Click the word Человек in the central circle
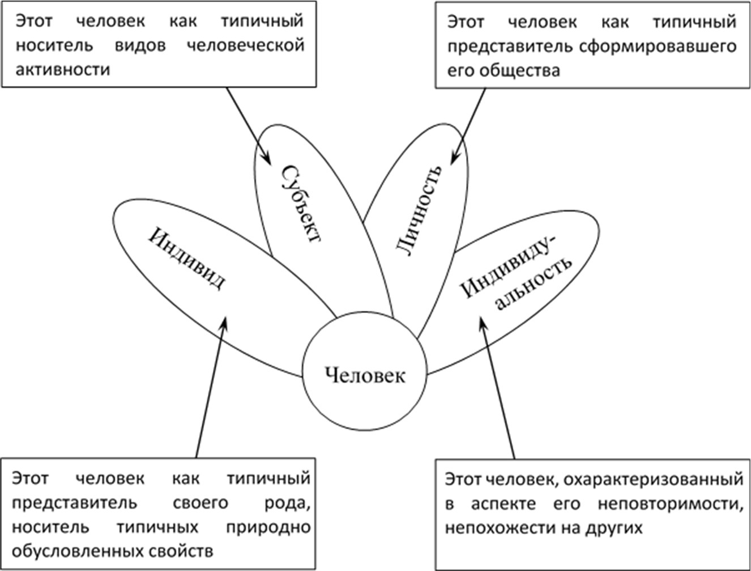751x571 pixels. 365,375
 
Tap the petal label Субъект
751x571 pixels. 301,204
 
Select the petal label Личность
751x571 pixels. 419,211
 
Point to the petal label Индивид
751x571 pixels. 186,258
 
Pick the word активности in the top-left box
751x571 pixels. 63,70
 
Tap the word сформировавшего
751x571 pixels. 658,47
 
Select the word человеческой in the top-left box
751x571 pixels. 246,45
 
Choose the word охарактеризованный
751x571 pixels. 654,479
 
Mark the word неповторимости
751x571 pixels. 671,504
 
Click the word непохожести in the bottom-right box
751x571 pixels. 499,528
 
